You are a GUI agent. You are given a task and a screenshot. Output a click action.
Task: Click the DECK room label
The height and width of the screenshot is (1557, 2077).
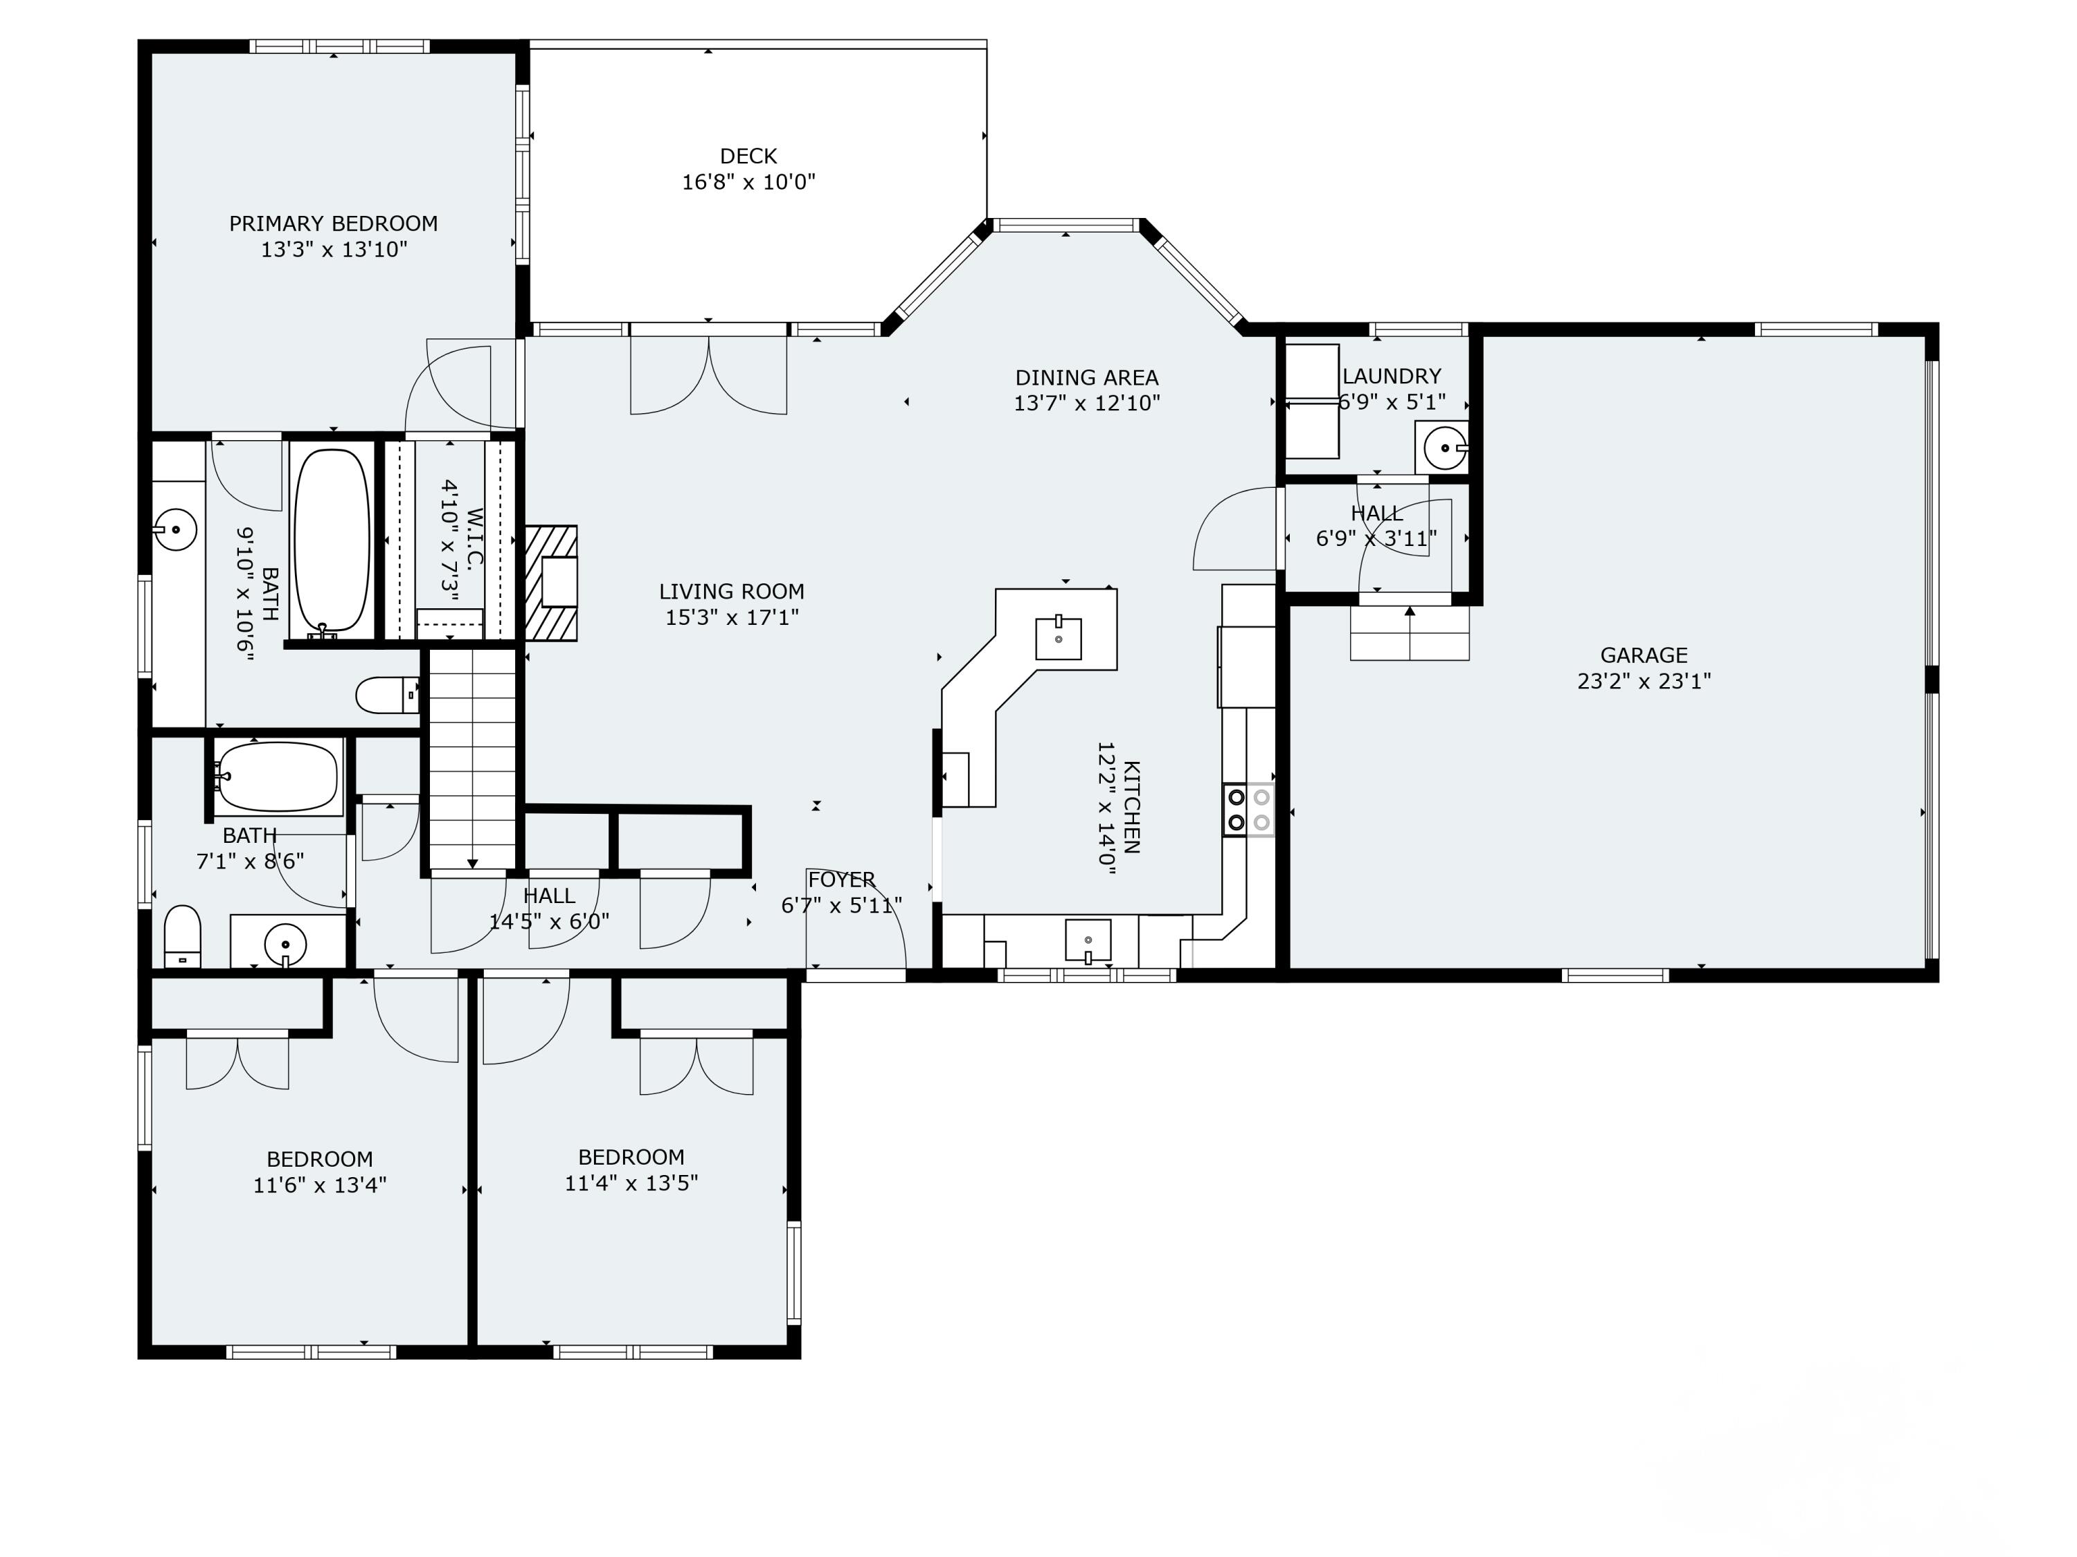point(748,156)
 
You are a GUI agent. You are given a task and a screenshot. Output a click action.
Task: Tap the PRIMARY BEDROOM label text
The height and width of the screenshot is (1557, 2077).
point(333,224)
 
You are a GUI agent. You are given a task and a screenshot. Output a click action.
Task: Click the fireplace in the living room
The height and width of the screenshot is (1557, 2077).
point(552,583)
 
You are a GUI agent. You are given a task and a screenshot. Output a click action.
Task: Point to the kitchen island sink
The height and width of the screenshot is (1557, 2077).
point(1058,638)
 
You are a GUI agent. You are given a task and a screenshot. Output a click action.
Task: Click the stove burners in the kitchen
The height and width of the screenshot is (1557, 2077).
point(1248,810)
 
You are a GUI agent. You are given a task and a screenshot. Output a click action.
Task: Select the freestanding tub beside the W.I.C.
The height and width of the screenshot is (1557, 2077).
point(332,540)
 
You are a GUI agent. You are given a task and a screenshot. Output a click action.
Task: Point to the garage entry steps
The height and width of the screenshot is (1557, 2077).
point(1410,632)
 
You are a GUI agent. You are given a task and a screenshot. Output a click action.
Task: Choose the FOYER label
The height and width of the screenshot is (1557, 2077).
point(841,880)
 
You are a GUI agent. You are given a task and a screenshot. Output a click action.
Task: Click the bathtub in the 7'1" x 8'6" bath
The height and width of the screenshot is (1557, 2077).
point(277,777)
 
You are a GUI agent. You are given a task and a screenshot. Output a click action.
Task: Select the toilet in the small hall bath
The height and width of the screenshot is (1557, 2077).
point(182,936)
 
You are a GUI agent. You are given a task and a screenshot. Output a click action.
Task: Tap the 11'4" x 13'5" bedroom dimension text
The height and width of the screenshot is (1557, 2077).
point(631,1183)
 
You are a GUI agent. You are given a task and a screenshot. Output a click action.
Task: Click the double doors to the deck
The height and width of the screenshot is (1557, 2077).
point(708,374)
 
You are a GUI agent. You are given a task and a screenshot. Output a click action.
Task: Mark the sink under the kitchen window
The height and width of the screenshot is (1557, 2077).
point(1088,940)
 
